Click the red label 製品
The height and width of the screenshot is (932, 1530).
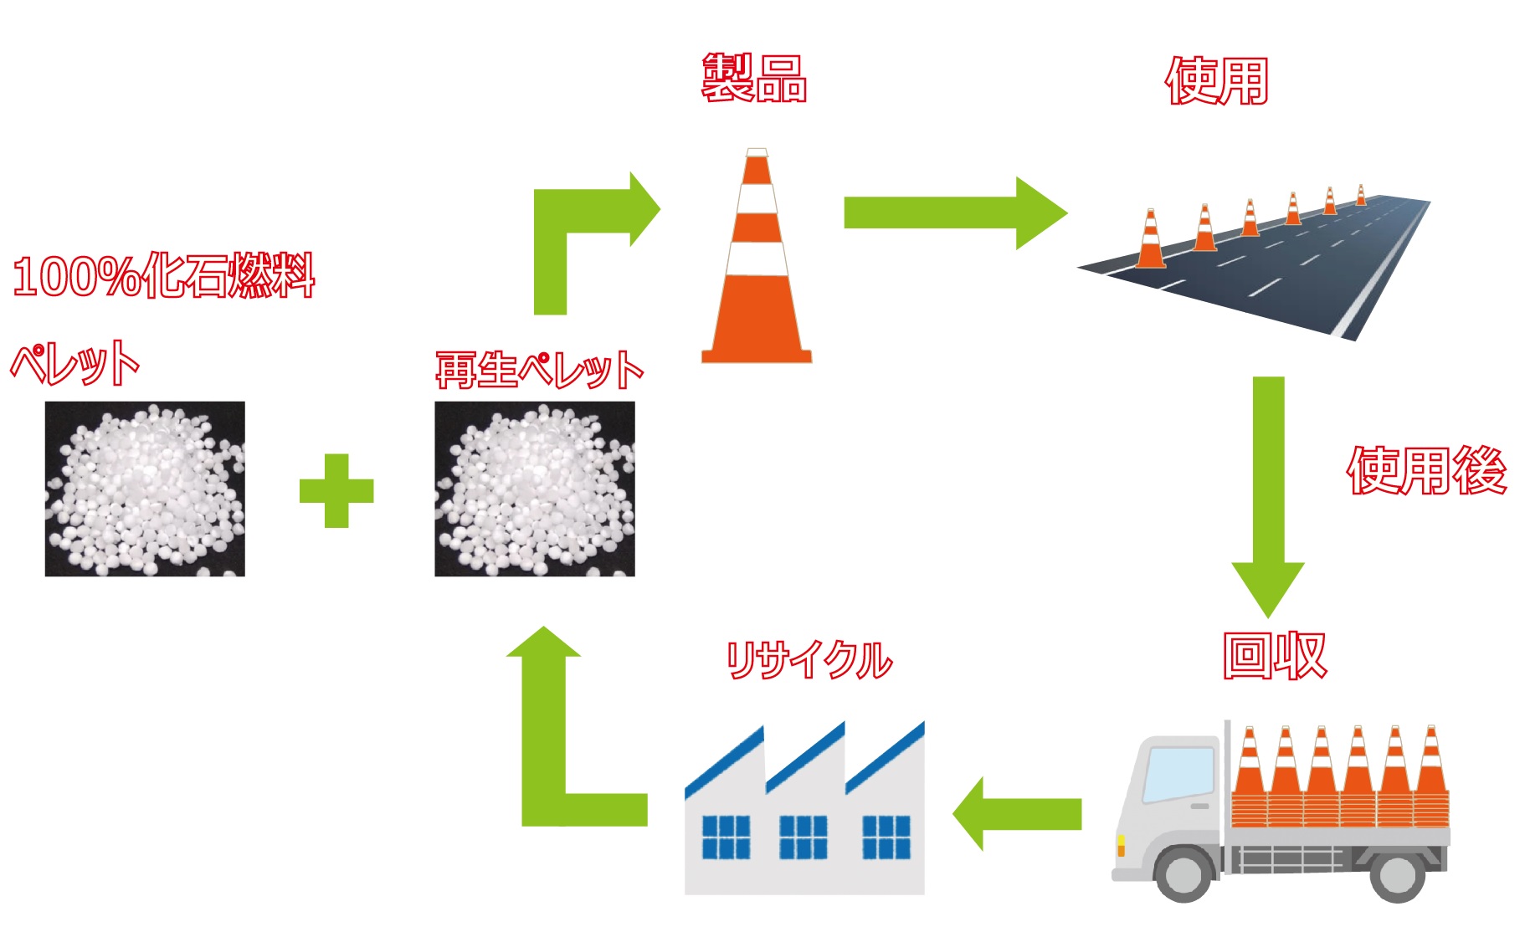pyautogui.click(x=754, y=79)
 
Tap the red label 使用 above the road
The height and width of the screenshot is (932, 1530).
pyautogui.click(x=1217, y=81)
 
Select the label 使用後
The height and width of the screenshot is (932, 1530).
pyautogui.click(x=1426, y=470)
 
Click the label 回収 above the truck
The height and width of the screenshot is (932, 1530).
pyautogui.click(x=1274, y=655)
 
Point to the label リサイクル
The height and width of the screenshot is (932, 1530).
pyautogui.click(x=809, y=660)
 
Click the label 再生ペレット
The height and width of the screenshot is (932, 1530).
pyautogui.click(x=538, y=369)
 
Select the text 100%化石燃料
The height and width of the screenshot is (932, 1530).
pyautogui.click(x=164, y=275)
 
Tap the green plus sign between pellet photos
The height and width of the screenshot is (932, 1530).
pyautogui.click(x=336, y=490)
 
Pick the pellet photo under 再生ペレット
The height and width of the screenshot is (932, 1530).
pyautogui.click(x=535, y=489)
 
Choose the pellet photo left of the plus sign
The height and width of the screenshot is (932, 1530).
pyautogui.click(x=145, y=489)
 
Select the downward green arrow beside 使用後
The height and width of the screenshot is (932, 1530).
pyautogui.click(x=1268, y=494)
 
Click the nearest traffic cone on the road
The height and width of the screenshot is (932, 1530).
pyautogui.click(x=1151, y=242)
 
